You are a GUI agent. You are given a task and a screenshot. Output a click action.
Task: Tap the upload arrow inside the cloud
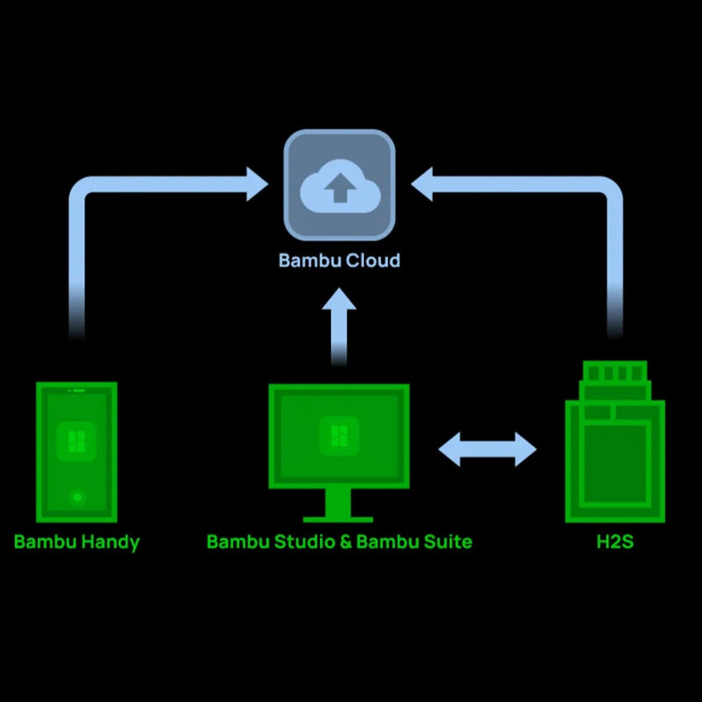tap(340, 187)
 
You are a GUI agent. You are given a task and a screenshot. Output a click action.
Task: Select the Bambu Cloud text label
tap(339, 261)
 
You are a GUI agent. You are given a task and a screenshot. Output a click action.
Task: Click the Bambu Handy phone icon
tap(76, 452)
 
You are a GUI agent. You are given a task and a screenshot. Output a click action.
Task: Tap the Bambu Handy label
tap(76, 541)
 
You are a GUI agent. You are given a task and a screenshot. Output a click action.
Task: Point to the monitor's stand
tap(338, 508)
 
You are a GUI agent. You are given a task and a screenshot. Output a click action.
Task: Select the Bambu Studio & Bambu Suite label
tap(339, 541)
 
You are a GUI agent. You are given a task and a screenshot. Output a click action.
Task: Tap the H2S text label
tap(614, 541)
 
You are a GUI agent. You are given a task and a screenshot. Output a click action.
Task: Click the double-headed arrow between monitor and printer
tap(487, 449)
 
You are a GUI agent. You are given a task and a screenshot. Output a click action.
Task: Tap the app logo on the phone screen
tap(76, 441)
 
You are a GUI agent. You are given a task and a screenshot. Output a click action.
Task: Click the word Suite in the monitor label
tap(448, 541)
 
